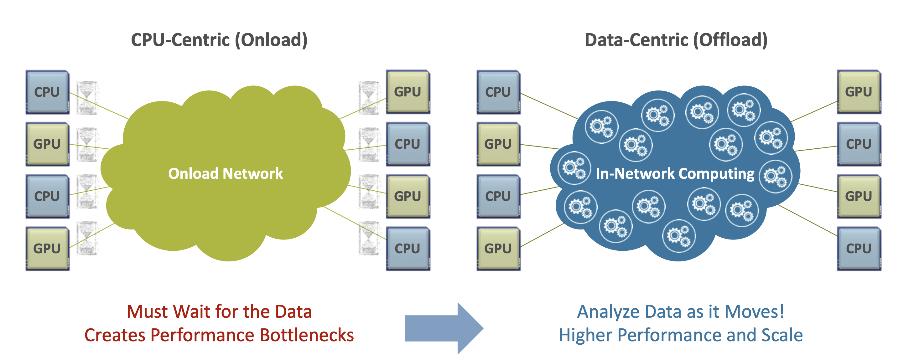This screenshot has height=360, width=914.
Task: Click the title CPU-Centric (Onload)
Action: pos(219,40)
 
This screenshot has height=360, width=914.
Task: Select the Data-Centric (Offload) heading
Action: pos(676,40)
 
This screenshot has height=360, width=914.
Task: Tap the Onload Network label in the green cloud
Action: pos(225,173)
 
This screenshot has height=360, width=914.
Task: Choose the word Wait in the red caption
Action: pos(192,312)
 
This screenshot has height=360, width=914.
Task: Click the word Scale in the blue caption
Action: pos(782,335)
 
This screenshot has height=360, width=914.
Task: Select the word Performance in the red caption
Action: pos(202,335)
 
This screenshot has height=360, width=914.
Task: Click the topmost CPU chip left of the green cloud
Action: pos(47,92)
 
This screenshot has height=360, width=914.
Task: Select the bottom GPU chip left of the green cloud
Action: pos(47,248)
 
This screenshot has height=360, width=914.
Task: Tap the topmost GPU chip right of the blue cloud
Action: pos(859,91)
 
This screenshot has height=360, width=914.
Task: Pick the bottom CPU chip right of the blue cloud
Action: pos(859,248)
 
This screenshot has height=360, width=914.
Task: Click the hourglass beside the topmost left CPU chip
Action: pos(87,98)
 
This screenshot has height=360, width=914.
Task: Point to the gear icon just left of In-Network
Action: pos(574,168)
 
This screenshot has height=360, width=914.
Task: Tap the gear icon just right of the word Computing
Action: pos(775,177)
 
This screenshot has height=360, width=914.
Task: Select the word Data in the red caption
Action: pos(293,312)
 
